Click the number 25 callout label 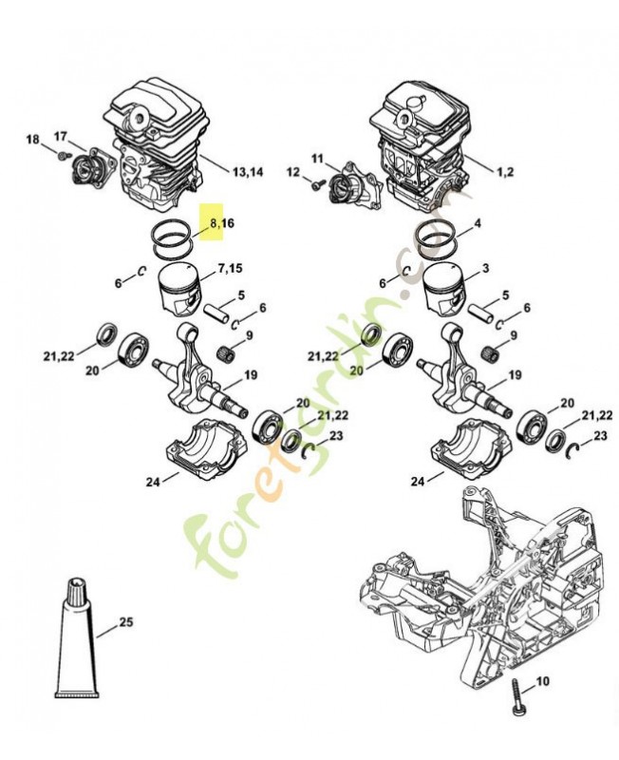coord(125,624)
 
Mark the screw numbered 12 coord(312,186)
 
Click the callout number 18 coord(32,140)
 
